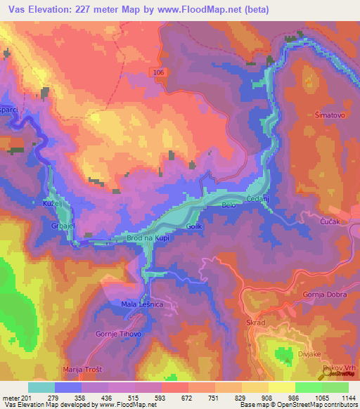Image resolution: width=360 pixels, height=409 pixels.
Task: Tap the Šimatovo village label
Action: (330, 112)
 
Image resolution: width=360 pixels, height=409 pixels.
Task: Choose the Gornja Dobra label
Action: (325, 294)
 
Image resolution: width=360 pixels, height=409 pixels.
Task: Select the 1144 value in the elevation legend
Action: (345, 398)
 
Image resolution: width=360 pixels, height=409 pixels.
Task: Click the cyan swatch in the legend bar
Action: (41, 387)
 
